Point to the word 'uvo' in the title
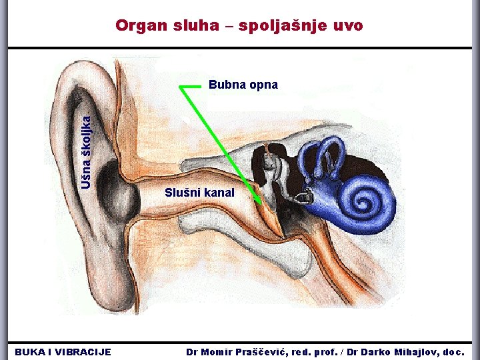point(349,25)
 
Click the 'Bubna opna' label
point(243,85)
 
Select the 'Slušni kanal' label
point(200,193)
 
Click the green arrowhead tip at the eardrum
point(259,201)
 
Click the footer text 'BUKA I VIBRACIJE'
point(63,351)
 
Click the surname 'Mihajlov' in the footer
point(414,351)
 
